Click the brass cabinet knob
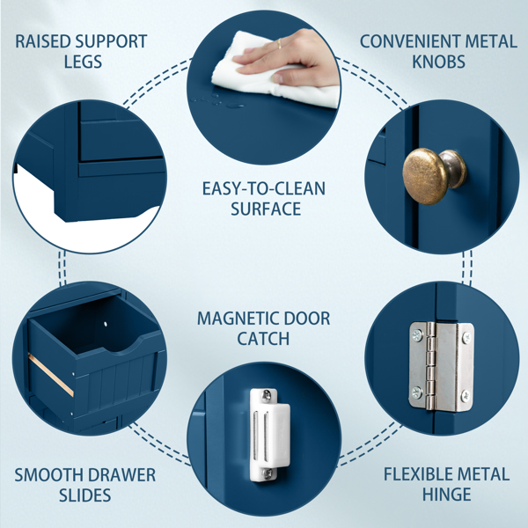tap(434, 175)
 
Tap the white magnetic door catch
tap(269, 435)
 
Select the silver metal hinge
tap(442, 366)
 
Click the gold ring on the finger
tap(279, 43)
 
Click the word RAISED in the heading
tap(42, 41)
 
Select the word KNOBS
tap(438, 62)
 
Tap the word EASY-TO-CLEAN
tap(264, 188)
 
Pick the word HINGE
tap(446, 495)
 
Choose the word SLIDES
tap(84, 495)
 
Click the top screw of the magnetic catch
tap(267, 395)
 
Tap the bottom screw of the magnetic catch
tap(268, 473)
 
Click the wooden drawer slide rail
tap(50, 375)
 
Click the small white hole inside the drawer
tap(106, 324)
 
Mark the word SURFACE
tap(266, 209)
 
